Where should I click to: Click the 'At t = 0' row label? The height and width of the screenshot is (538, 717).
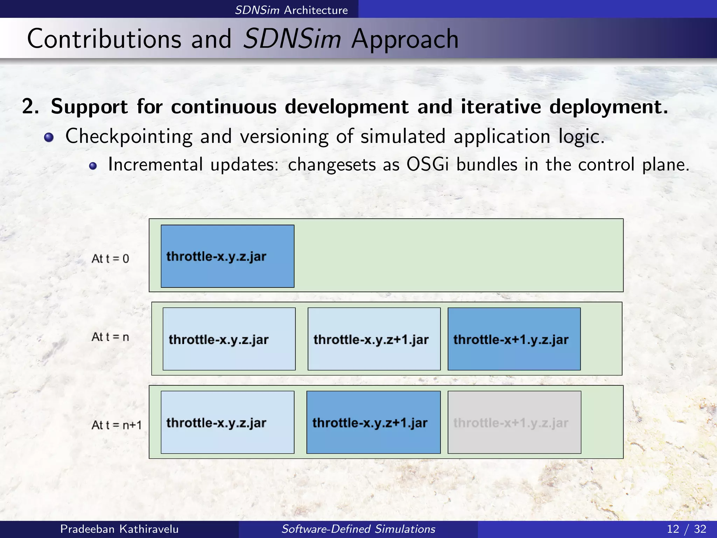(110, 258)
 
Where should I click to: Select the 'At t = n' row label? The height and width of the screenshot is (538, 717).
(110, 337)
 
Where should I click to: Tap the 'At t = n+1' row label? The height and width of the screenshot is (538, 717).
(116, 425)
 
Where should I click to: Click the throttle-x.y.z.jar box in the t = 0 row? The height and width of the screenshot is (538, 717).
(227, 256)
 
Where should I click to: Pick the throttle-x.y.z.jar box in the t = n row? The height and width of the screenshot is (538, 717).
(229, 339)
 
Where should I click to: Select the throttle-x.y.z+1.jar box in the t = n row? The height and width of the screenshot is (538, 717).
(374, 339)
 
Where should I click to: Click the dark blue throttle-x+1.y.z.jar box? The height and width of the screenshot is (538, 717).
(514, 339)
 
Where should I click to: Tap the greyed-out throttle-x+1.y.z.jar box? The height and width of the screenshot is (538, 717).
(514, 422)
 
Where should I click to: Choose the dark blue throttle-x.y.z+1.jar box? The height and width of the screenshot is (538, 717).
(373, 422)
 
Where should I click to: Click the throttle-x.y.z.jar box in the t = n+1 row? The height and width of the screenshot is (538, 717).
(227, 422)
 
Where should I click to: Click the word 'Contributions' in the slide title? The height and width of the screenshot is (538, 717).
(104, 39)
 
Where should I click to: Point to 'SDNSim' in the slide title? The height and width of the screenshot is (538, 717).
(292, 39)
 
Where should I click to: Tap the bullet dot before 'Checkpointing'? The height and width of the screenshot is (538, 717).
(49, 137)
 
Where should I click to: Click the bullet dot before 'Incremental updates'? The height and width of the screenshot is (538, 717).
(93, 166)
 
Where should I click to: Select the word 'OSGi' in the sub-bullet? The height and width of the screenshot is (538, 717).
(427, 164)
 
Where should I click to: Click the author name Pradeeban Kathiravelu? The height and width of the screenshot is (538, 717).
(119, 529)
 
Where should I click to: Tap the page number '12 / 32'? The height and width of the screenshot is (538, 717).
(686, 529)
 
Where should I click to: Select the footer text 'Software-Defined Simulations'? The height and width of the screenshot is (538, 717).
(358, 529)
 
